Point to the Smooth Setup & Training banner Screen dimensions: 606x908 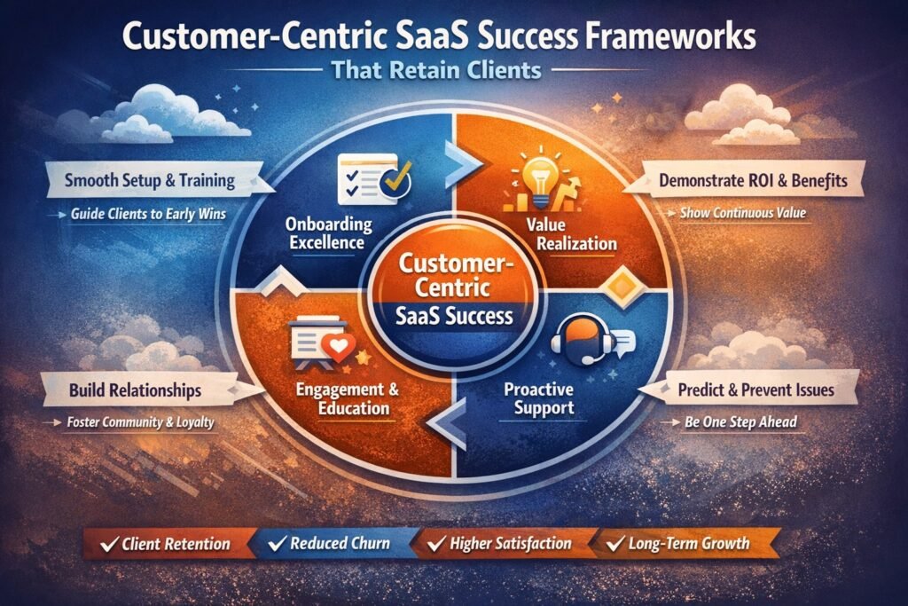150,181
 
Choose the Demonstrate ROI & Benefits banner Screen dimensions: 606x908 752,181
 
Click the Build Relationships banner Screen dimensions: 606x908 138,390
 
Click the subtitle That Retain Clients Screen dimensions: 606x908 453,72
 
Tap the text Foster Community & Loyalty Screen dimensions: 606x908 141,423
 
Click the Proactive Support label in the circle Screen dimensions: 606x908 538,399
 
